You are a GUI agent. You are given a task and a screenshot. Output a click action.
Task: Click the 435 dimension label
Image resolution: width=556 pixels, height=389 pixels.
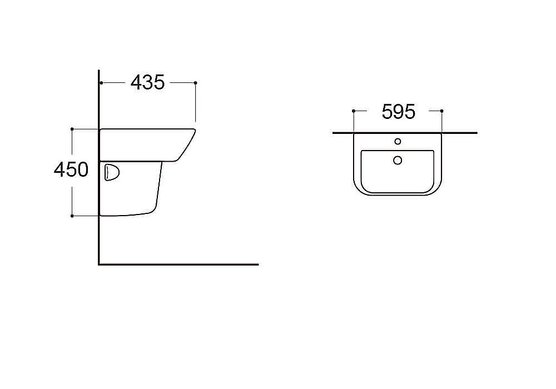click(x=147, y=83)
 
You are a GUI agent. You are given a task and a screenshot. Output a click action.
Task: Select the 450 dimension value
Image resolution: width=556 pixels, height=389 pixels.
click(x=71, y=169)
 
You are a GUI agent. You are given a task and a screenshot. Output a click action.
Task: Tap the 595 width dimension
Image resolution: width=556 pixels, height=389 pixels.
click(x=398, y=112)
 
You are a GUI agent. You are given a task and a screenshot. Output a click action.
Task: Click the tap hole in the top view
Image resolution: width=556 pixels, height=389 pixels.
click(x=398, y=141)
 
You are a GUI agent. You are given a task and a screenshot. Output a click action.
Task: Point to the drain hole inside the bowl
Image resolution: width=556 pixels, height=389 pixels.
click(x=398, y=160)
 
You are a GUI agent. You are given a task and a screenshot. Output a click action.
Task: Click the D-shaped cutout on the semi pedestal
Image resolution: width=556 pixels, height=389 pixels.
click(x=112, y=172)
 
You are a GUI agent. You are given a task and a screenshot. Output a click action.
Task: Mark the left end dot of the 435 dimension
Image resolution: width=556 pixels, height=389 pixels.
click(x=101, y=83)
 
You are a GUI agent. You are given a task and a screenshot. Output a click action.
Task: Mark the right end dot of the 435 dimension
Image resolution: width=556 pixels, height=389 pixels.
click(x=195, y=83)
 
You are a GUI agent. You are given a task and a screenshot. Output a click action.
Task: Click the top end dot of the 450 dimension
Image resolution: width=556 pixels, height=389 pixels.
click(x=72, y=129)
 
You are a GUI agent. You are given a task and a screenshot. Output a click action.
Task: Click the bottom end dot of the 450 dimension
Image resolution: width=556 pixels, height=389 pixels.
click(x=72, y=216)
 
